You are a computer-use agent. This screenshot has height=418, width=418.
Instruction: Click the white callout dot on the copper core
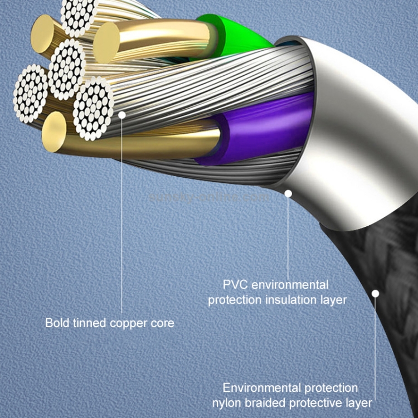(122, 114)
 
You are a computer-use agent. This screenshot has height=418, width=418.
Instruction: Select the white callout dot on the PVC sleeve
(288, 194)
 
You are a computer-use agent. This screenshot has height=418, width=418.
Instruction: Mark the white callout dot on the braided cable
(376, 293)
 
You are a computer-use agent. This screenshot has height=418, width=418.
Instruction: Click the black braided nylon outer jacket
(390, 262)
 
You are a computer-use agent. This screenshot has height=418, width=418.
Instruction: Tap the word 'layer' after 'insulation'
(333, 300)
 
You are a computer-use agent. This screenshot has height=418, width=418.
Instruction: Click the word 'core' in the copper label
(162, 323)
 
